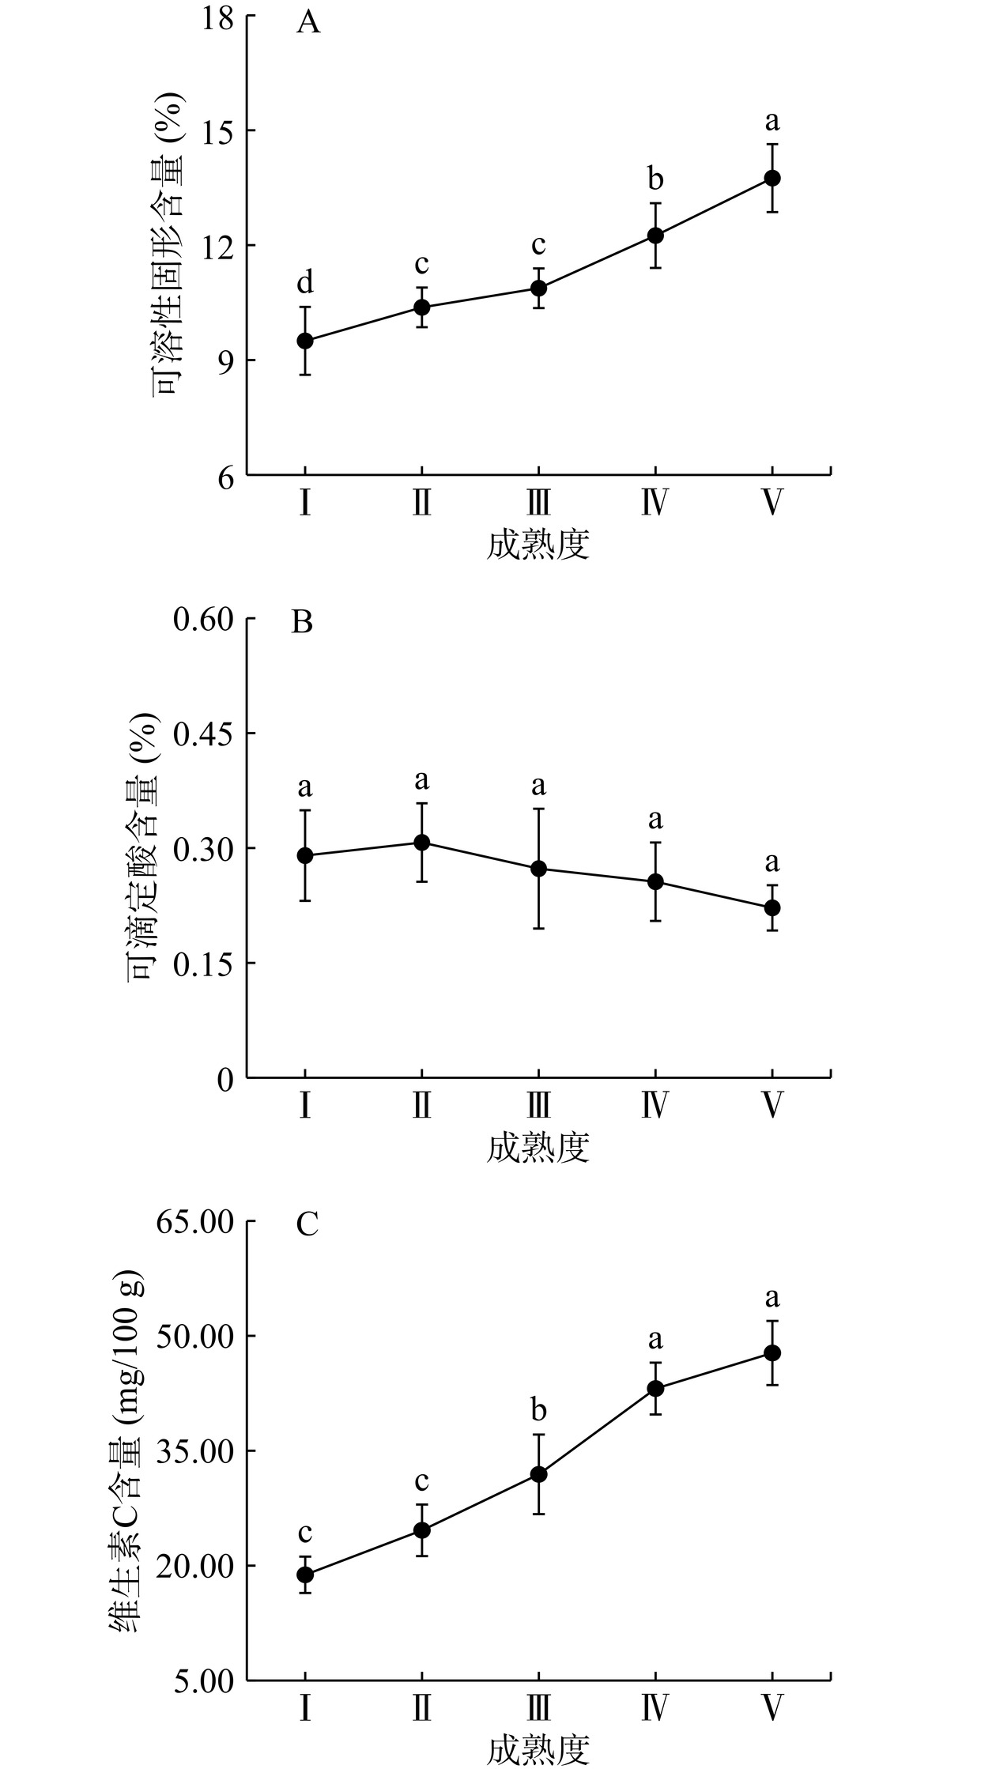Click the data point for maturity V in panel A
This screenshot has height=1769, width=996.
point(772,179)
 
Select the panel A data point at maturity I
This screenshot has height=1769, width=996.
point(305,341)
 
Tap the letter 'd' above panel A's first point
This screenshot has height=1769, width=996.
point(305,282)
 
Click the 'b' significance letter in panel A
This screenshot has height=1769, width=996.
point(655,179)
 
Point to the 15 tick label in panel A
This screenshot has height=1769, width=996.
point(216,130)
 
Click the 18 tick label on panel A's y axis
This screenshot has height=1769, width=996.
point(216,17)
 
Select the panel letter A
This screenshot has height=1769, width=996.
point(308,23)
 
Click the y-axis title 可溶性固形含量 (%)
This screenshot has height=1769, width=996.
point(168,245)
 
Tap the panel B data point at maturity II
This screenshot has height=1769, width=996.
point(422,843)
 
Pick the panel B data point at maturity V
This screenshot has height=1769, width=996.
point(772,907)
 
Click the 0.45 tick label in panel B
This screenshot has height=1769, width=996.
point(203,734)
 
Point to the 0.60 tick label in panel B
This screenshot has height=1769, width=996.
point(203,620)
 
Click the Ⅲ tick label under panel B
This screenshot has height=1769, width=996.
point(538,1105)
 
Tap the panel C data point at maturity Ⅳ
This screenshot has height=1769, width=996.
point(655,1389)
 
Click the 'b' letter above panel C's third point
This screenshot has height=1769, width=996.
point(538,1409)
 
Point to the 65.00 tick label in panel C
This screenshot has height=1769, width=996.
point(194,1223)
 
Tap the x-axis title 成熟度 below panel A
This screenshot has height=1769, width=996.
point(538,545)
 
